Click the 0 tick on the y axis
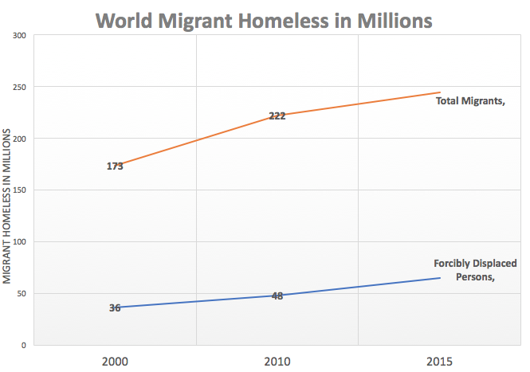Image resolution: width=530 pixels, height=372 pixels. coord(24,346)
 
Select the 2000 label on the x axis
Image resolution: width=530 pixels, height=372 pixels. coord(115,362)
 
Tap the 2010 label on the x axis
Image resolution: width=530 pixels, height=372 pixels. coord(277,362)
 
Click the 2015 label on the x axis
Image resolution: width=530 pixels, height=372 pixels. coord(440,362)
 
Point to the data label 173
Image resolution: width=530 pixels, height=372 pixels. coord(115,166)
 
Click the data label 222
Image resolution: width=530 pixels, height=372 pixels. coord(277,116)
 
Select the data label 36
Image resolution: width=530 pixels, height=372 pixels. coord(115,307)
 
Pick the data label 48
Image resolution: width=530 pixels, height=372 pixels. coord(277,296)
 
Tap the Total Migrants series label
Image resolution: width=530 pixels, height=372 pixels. coord(471,100)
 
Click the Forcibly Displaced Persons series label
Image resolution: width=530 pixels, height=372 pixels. coord(475,270)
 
